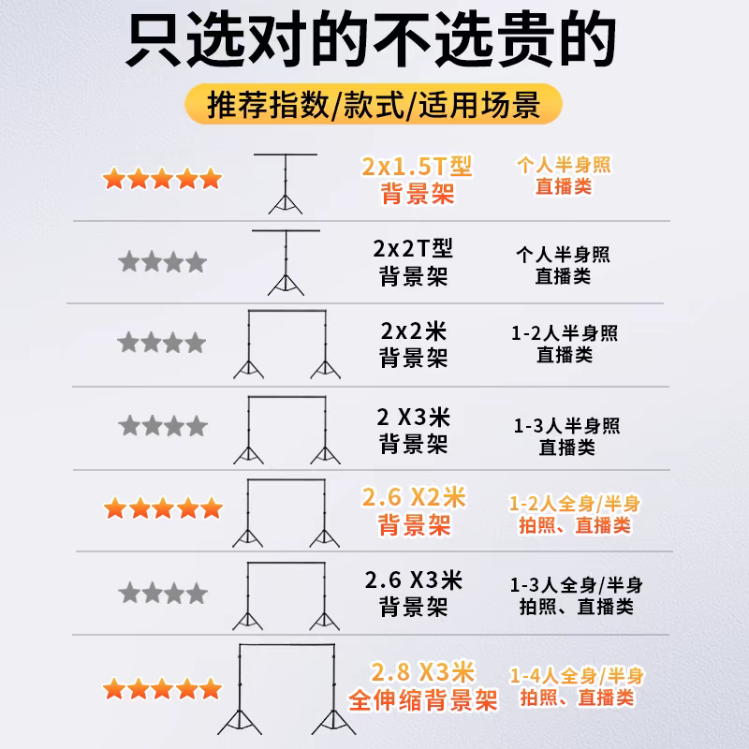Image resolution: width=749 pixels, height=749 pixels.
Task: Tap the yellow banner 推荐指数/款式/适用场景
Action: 374,103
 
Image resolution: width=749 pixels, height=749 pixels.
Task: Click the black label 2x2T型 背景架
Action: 413,263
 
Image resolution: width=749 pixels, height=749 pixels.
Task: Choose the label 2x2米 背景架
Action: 413,345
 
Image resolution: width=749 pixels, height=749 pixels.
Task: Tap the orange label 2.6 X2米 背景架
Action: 415,510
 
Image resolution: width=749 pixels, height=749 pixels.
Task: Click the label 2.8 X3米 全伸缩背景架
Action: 424,685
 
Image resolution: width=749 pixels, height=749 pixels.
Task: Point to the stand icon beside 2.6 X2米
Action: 286,514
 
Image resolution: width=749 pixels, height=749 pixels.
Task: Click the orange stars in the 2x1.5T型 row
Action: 162,178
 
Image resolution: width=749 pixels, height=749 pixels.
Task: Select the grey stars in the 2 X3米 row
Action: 162,427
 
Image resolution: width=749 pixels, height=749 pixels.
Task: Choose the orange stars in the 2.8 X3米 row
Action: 162,691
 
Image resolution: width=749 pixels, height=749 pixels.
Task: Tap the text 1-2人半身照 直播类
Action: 565,344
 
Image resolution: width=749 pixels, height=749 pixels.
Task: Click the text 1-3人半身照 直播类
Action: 566,436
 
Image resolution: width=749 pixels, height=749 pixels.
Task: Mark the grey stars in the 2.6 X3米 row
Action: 162,593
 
